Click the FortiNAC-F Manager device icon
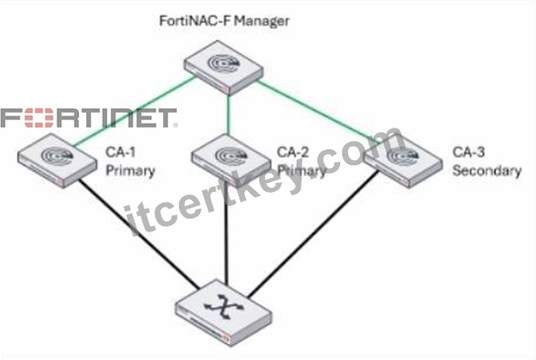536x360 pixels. point(223,67)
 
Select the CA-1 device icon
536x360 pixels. point(57,160)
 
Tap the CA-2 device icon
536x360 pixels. point(231,160)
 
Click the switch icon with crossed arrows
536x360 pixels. point(223,313)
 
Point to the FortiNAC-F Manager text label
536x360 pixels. point(224,21)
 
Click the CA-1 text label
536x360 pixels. point(121,152)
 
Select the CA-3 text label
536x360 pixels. point(469,152)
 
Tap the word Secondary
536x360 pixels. point(487,170)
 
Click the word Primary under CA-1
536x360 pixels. point(131,171)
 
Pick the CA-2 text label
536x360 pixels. point(293,152)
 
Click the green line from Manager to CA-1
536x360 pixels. point(134,112)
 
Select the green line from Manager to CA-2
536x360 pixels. point(228,115)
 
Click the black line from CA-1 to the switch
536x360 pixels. point(138,234)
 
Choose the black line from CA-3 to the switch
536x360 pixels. point(313,234)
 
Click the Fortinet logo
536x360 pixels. point(89,118)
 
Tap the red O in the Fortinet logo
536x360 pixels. point(40,118)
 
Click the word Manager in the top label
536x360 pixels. point(262,21)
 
